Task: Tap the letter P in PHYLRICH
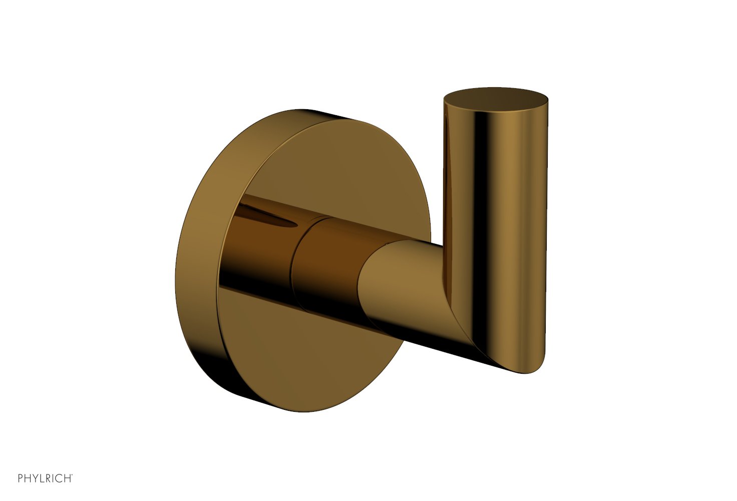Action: (x=21, y=478)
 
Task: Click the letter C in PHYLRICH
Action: (x=59, y=478)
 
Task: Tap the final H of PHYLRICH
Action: (x=68, y=478)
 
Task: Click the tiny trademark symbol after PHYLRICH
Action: (x=73, y=475)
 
